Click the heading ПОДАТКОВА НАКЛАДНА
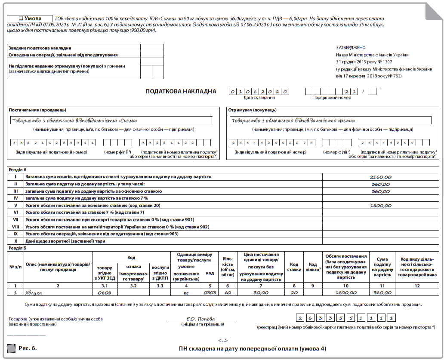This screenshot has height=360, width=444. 181,92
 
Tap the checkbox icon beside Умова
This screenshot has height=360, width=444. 21,18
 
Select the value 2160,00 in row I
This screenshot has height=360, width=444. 380,177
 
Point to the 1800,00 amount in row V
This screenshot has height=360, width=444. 380,206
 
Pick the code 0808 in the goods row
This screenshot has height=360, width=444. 105,292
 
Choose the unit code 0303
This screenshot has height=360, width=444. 210,292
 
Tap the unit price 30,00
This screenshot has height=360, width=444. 261,292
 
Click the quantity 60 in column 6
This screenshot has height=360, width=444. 228,292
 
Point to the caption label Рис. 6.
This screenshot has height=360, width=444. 27,348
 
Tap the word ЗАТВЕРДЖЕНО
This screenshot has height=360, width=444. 350,48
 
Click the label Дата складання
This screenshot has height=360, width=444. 259,98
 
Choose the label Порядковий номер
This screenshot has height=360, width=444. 331,98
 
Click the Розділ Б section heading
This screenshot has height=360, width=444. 18,248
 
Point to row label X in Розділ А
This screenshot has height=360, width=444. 15,241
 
